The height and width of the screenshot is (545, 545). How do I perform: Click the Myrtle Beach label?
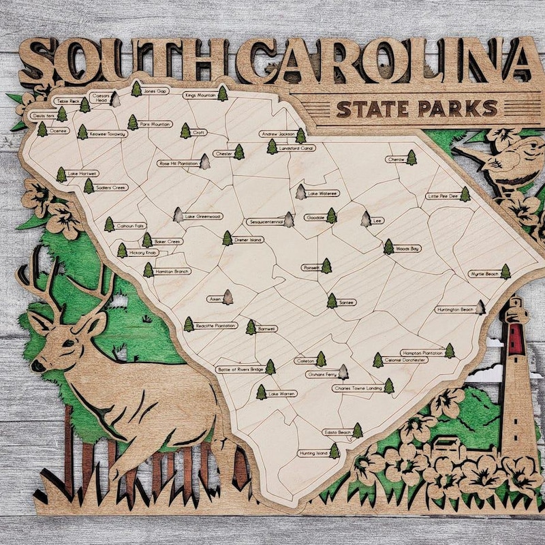(x=484, y=274)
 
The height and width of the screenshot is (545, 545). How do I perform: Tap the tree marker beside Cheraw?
(x=411, y=157)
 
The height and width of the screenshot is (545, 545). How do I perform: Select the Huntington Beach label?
(x=454, y=309)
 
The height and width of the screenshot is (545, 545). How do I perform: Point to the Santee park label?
(x=347, y=302)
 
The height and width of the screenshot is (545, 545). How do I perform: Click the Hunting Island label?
(x=313, y=452)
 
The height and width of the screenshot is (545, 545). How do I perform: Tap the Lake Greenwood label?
(x=203, y=217)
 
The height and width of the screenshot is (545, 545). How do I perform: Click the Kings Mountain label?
(x=200, y=95)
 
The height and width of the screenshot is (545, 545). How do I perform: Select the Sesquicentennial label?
(x=265, y=221)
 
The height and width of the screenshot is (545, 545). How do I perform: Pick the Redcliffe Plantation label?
(x=216, y=326)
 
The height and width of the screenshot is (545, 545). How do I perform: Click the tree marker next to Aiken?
(x=228, y=297)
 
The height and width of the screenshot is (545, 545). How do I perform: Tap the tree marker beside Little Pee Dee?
(x=465, y=195)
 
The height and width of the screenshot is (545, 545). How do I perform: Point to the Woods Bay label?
(x=407, y=249)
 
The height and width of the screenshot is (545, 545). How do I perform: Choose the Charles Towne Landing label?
(x=357, y=388)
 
